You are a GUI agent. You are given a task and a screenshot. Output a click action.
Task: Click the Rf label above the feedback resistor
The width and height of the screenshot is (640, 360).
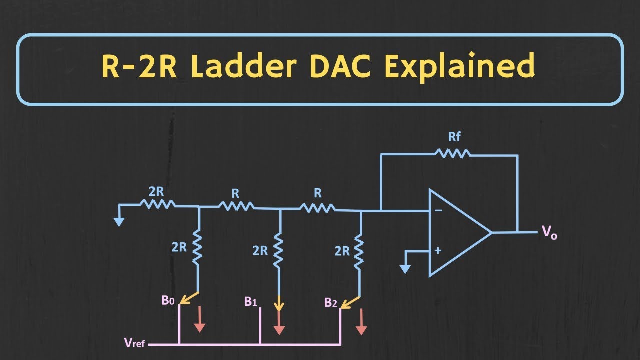point(454,137)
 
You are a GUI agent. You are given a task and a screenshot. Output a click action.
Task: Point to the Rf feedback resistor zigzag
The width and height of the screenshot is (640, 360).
point(452,153)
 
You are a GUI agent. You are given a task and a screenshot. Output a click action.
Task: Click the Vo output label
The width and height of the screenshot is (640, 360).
point(549,233)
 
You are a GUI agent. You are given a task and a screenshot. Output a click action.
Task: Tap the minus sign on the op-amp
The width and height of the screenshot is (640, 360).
point(438,211)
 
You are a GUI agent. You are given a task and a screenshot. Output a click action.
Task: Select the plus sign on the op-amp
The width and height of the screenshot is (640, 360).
point(438,251)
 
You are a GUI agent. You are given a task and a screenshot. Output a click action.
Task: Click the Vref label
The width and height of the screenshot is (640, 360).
point(134,342)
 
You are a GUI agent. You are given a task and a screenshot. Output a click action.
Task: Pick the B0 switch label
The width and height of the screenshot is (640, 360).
point(168,300)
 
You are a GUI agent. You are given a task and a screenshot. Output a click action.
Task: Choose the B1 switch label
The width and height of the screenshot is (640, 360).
point(250,301)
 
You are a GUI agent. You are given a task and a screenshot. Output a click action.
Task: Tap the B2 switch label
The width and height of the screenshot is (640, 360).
point(330,302)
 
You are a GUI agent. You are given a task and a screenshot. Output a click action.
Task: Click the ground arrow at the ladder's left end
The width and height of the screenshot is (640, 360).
point(119,222)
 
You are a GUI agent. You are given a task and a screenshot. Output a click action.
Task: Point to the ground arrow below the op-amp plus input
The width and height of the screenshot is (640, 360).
point(405,269)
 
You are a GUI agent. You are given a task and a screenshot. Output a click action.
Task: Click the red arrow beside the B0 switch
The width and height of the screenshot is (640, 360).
point(199,319)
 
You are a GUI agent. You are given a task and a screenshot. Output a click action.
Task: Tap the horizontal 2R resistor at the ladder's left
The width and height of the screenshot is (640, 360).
point(157,204)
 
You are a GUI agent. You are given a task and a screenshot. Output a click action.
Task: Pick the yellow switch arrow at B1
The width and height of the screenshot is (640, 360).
point(279,303)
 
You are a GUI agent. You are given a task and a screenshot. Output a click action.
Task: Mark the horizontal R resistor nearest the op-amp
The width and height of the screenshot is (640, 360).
point(317,208)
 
